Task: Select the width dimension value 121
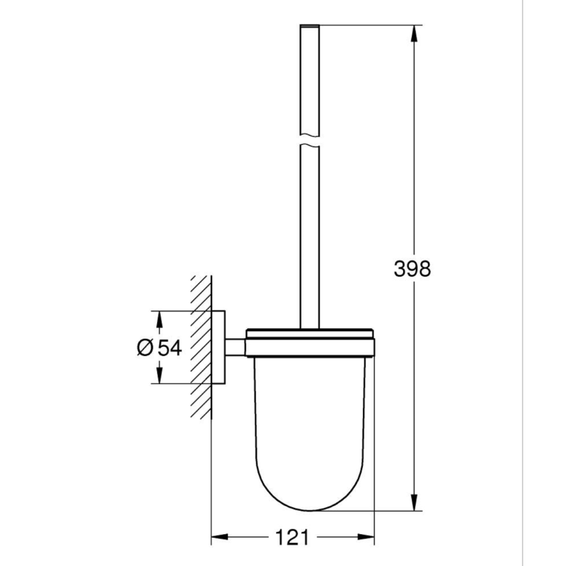click(293, 538)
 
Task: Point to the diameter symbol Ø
click(144, 347)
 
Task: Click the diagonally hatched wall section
click(200, 347)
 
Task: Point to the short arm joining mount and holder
click(235, 347)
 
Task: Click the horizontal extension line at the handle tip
click(368, 25)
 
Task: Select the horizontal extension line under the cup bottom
click(368, 510)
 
